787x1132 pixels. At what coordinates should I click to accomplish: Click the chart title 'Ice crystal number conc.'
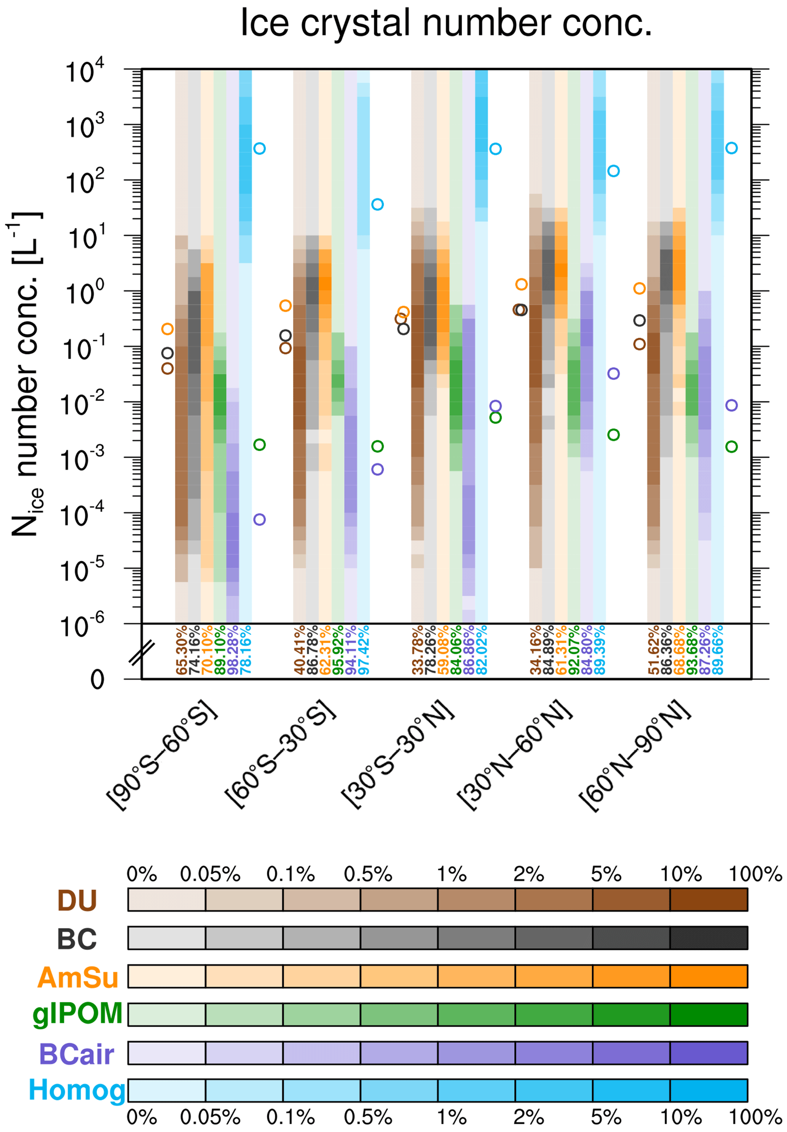coord(446,23)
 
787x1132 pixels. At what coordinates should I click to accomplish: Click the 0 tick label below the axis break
coord(97,680)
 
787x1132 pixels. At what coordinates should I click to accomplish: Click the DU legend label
coord(77,900)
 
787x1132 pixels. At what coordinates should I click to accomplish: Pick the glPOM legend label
coord(77,1014)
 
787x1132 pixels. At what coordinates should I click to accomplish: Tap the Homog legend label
coord(77,1090)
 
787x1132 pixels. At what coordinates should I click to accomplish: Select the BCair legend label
coord(77,1052)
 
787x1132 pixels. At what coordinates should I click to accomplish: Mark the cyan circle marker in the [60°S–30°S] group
coord(377,205)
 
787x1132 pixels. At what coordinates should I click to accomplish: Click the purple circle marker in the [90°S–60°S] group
coord(259,519)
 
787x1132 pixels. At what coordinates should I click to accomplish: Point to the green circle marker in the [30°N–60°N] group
coord(613,435)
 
